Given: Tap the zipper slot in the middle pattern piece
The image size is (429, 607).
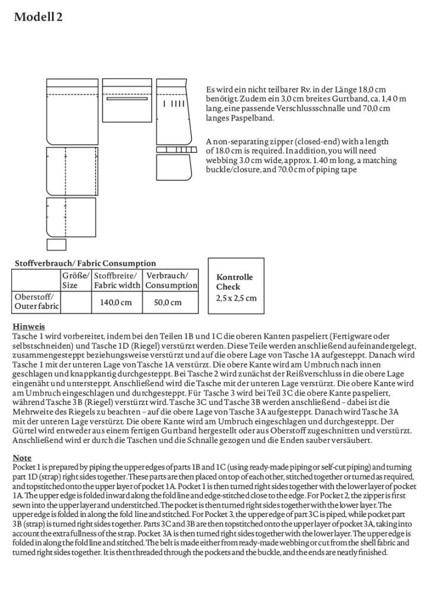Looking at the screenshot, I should tap(127, 99).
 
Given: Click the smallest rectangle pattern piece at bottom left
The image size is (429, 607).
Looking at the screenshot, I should tap(56, 244).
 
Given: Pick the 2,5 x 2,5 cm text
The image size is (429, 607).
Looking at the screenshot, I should tap(236, 298).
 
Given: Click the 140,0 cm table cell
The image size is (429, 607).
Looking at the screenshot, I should tap(116, 302).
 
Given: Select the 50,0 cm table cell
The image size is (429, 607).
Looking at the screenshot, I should tap(168, 302).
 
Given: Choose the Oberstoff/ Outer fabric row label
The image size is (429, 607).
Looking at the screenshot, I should tap(36, 302).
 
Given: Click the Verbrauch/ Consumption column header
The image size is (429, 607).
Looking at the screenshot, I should tap(171, 280).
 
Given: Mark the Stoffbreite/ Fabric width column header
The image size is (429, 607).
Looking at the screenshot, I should tap(117, 280).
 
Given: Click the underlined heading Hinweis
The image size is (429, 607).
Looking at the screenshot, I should tap(28, 326).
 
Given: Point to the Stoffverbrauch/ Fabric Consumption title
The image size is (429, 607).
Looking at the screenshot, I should tap(85, 263).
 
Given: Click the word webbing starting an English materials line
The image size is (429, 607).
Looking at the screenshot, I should tap(222, 161).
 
